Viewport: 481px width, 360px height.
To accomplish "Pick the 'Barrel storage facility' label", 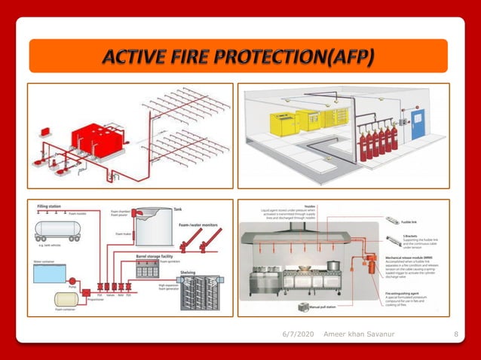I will (x=155, y=257).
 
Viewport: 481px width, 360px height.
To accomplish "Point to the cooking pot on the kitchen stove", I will (x=332, y=266).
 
